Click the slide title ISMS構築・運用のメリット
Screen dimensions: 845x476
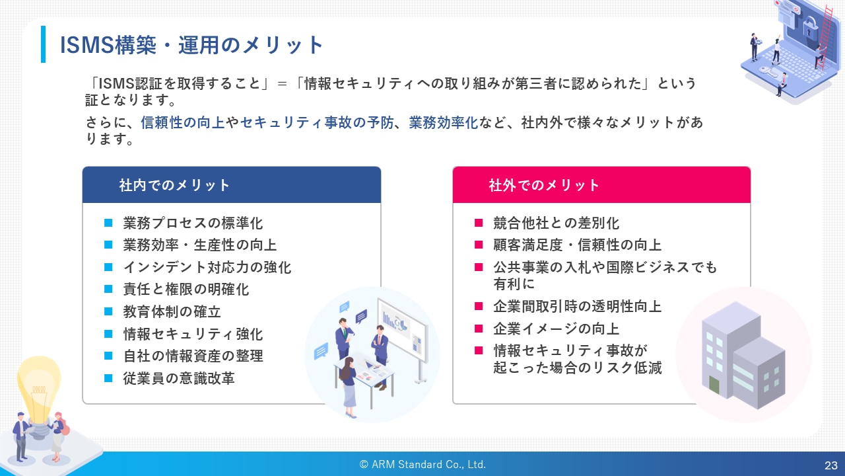tap(191, 45)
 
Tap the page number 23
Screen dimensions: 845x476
tap(831, 465)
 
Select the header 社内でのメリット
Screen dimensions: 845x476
tap(174, 185)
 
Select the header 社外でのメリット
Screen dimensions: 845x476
tap(544, 185)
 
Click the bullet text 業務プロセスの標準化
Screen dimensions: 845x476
tap(193, 223)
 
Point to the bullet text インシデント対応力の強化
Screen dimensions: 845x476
tap(207, 267)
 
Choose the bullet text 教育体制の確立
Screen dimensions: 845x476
tap(172, 311)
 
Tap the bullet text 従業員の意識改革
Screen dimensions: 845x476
tap(179, 378)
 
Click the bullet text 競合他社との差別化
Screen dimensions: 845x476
tap(556, 223)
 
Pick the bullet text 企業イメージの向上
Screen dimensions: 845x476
tap(556, 329)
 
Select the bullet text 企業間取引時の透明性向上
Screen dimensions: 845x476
tap(577, 306)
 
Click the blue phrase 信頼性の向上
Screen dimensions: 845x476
tap(183, 122)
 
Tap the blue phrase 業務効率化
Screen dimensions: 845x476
tap(443, 122)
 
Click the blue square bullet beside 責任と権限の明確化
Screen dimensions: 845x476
tap(108, 290)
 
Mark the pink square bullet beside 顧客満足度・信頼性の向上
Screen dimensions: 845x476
tap(479, 245)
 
